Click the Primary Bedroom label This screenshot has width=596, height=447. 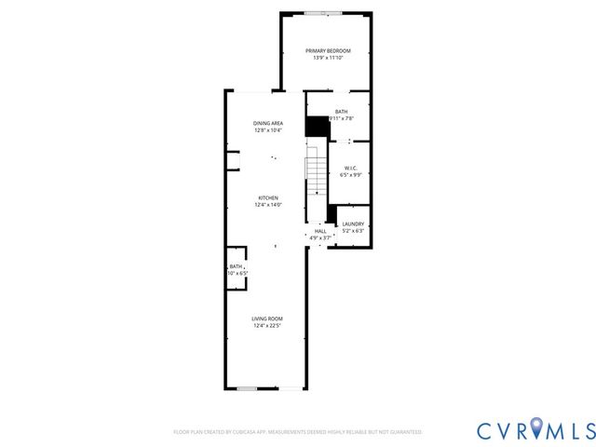point(327,49)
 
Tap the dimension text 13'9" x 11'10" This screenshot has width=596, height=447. point(327,58)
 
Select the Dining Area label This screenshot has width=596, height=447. point(268,123)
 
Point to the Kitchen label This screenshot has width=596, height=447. point(268,197)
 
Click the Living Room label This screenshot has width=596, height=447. point(268,318)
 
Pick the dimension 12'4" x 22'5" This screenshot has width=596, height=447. point(268,326)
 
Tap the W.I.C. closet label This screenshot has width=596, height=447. point(350,168)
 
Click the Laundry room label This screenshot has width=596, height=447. point(352,223)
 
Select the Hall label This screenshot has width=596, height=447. point(319,231)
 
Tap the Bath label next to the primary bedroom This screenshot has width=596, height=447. point(342,112)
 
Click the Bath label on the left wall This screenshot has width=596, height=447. point(237,266)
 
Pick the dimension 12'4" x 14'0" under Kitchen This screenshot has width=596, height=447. point(268,205)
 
